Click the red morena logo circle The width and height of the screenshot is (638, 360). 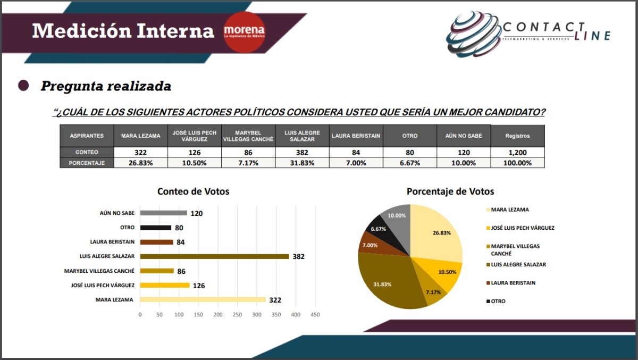[244, 31]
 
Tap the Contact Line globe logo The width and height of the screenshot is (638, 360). [473, 35]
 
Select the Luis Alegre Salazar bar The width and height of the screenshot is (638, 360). [214, 256]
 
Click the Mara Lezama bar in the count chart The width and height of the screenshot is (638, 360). [203, 300]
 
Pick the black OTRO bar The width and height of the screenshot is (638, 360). [155, 228]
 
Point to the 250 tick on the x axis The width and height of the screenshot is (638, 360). [237, 315]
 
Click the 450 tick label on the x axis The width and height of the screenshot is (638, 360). [315, 315]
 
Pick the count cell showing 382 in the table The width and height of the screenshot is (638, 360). [302, 153]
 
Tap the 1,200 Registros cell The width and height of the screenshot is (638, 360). [517, 153]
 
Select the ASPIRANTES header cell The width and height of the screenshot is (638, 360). [87, 136]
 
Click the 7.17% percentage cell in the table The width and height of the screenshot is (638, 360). [248, 163]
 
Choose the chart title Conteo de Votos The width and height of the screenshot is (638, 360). [193, 191]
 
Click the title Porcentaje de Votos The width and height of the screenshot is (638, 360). [450, 191]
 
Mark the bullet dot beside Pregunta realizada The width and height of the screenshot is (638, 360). [23, 86]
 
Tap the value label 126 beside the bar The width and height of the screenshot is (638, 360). [198, 286]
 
